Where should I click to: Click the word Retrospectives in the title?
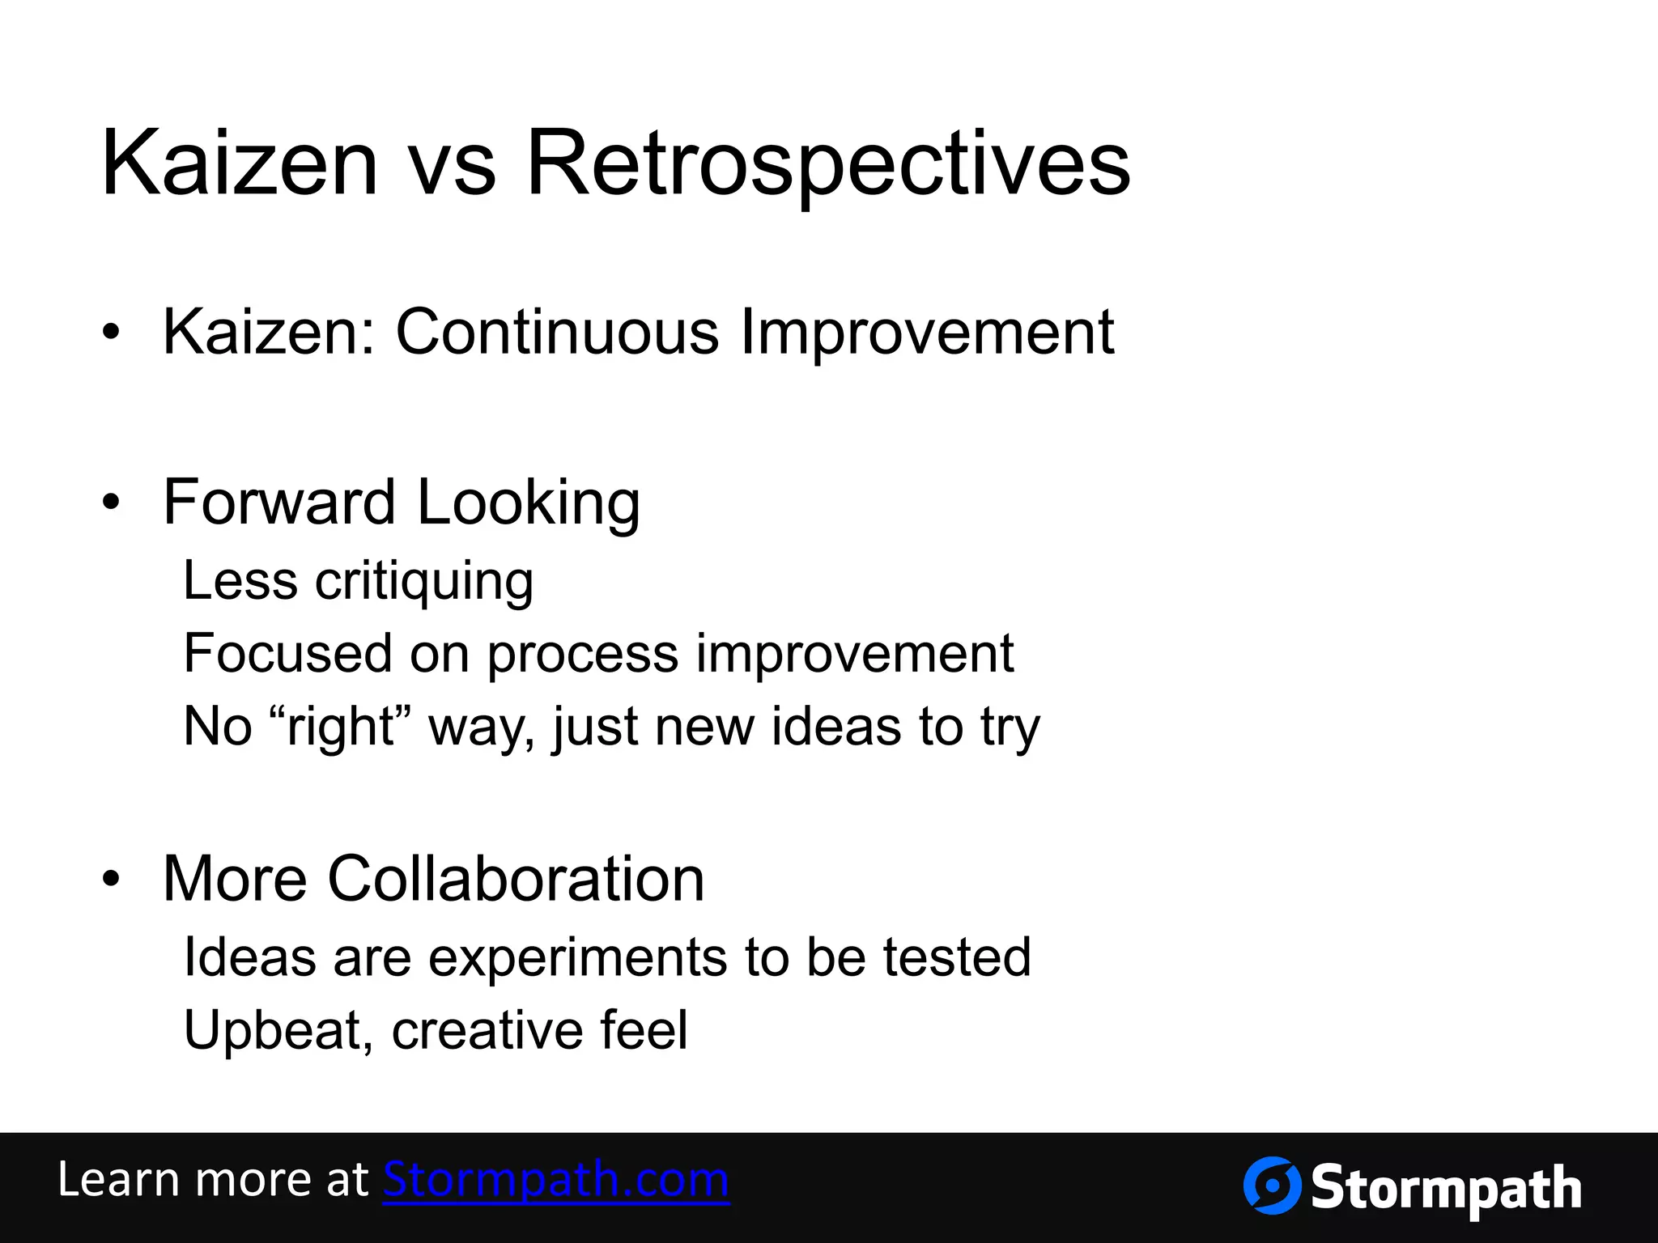coord(827,164)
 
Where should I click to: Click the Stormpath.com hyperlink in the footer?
coord(556,1180)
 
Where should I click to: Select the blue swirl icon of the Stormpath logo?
coord(1272,1186)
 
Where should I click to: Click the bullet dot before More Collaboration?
coord(111,879)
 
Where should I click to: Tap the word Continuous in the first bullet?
coord(557,332)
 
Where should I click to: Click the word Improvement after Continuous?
coord(928,332)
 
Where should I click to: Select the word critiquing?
coord(424,581)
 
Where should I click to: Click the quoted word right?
coord(341,726)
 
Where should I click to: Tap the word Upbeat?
coord(278,1030)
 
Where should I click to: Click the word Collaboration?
coord(516,879)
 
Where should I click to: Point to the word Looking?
coord(528,502)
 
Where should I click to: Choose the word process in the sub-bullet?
coord(582,653)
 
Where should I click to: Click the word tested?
coord(957,957)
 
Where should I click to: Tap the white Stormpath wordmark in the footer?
coord(1446,1188)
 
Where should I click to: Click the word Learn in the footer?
coord(118,1180)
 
